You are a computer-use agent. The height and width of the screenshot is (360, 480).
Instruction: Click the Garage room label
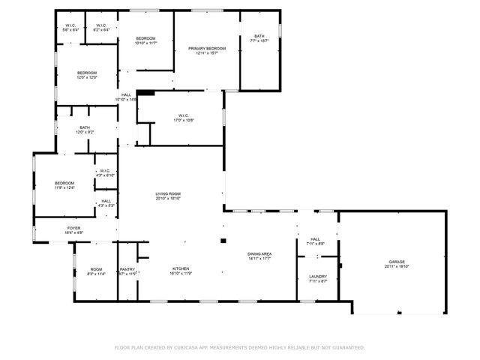(x=396, y=262)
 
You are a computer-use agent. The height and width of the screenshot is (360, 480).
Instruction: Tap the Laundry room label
(x=318, y=277)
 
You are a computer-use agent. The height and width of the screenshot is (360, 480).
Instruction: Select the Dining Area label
(x=259, y=254)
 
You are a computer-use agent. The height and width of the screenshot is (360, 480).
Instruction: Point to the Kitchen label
(x=179, y=268)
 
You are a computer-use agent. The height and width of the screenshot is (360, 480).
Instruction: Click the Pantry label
(x=127, y=269)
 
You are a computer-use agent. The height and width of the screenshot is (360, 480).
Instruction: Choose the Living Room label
(x=168, y=193)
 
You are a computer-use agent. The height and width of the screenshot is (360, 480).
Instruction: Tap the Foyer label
(x=73, y=228)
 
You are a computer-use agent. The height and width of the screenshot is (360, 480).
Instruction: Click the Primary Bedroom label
(x=206, y=48)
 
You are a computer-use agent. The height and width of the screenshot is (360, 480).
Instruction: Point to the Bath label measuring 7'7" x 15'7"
(x=259, y=36)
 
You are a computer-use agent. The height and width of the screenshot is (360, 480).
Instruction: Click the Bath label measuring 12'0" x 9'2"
(x=85, y=128)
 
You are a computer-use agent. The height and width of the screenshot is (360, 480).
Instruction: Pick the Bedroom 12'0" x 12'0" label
(x=87, y=73)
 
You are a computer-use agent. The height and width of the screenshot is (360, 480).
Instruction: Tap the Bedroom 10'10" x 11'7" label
(x=145, y=38)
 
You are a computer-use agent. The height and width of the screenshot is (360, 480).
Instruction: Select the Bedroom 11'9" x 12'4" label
(x=64, y=183)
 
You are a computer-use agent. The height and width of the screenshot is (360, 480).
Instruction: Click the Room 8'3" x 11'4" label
(x=96, y=269)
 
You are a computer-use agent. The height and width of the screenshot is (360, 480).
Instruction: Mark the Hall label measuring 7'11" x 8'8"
(x=315, y=239)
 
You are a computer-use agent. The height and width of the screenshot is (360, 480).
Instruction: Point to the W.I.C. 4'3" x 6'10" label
(x=104, y=171)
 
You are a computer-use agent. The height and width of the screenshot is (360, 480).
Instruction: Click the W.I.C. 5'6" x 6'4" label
(x=71, y=25)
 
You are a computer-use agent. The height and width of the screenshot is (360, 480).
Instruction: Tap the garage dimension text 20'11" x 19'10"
(x=396, y=266)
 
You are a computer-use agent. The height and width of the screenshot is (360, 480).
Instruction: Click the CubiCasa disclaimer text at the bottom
(x=239, y=348)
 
